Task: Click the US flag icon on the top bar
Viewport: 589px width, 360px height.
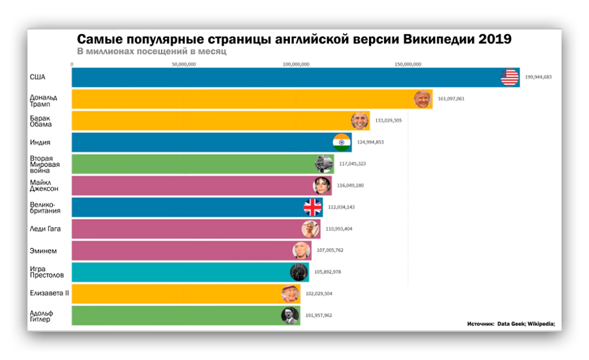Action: coord(510,77)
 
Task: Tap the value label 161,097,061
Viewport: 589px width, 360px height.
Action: coord(451,99)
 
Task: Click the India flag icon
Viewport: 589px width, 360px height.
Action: coord(342,142)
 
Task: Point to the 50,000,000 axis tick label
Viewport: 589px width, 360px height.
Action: coord(184,65)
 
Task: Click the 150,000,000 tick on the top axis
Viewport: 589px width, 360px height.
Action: coord(408,65)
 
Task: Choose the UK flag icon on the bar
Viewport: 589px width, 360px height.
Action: coord(313,207)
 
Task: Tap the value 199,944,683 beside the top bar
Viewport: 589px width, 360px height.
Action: coord(538,77)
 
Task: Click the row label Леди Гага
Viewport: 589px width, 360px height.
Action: coord(46,228)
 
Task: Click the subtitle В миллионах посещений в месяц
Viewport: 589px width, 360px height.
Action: coord(151,51)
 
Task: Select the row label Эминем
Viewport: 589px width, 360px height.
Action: coord(43,250)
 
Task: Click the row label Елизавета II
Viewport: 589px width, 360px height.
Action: coord(49,293)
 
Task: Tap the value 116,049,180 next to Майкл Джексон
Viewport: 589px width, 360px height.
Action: coord(350,185)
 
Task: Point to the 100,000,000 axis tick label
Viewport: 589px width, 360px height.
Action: coord(296,65)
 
